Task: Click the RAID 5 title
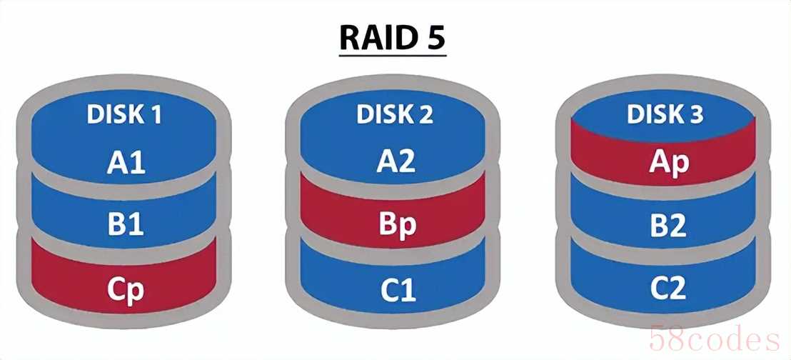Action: click(393, 37)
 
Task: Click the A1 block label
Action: click(126, 164)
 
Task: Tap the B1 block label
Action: click(126, 226)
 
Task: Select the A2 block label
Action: click(396, 164)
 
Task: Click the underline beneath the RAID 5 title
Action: click(393, 55)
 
